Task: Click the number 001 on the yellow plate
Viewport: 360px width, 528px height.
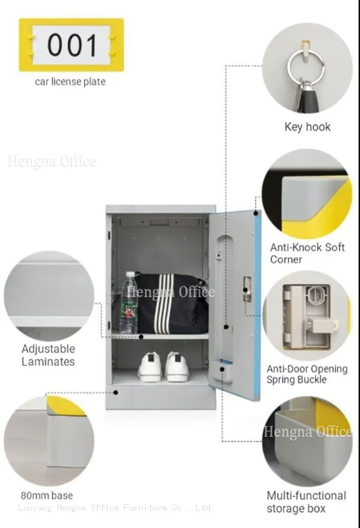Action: (x=72, y=45)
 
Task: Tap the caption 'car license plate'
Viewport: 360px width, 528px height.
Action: (x=70, y=82)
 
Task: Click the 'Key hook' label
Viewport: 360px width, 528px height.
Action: (x=307, y=127)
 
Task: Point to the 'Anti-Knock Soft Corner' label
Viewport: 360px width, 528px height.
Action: (x=307, y=253)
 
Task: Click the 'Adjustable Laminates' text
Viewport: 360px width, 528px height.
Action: (x=48, y=355)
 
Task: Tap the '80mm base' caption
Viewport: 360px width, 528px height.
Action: (x=47, y=496)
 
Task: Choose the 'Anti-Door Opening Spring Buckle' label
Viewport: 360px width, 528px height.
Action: (x=307, y=374)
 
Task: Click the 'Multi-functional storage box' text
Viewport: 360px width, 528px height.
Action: (x=306, y=502)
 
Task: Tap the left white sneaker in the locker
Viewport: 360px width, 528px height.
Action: (x=151, y=367)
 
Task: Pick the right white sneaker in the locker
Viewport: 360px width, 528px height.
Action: (x=176, y=367)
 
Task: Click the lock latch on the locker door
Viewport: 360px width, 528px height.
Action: (x=247, y=289)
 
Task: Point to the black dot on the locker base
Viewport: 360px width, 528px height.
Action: (x=116, y=392)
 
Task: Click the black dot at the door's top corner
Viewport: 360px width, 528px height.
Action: (x=256, y=213)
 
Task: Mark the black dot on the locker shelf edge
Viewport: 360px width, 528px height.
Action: (x=142, y=337)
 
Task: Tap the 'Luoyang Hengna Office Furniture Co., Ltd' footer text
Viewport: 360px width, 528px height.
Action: (x=115, y=508)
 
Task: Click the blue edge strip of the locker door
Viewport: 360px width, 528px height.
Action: (x=258, y=305)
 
